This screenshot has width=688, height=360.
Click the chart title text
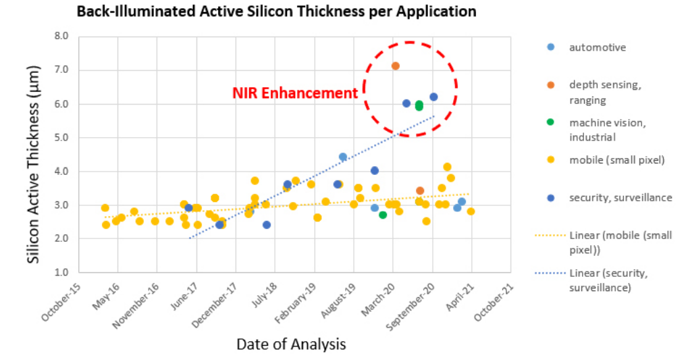pos(276,11)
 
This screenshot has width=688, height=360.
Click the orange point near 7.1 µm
pos(396,66)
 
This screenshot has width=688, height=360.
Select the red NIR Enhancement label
pos(295,93)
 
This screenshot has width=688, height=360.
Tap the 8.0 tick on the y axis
pos(61,36)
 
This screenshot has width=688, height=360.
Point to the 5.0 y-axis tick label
pos(61,137)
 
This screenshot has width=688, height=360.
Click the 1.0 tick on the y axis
pos(61,272)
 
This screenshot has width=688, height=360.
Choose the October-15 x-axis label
pos(61,303)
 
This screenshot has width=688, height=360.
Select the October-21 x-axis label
pos(494,302)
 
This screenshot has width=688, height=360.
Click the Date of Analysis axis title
pos(291,344)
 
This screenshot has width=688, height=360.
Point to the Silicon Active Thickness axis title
pos(33,164)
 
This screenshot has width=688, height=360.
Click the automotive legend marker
pos(551,47)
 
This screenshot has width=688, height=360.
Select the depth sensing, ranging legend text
pos(606,92)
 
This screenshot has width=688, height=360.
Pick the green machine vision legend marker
pos(551,122)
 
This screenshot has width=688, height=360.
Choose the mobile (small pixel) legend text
pos(617,160)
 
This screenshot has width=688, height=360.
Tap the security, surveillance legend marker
pos(551,197)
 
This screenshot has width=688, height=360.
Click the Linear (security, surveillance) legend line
pos(550,273)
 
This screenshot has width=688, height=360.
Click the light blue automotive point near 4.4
pos(343,157)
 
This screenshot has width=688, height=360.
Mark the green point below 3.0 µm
pos(383,215)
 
